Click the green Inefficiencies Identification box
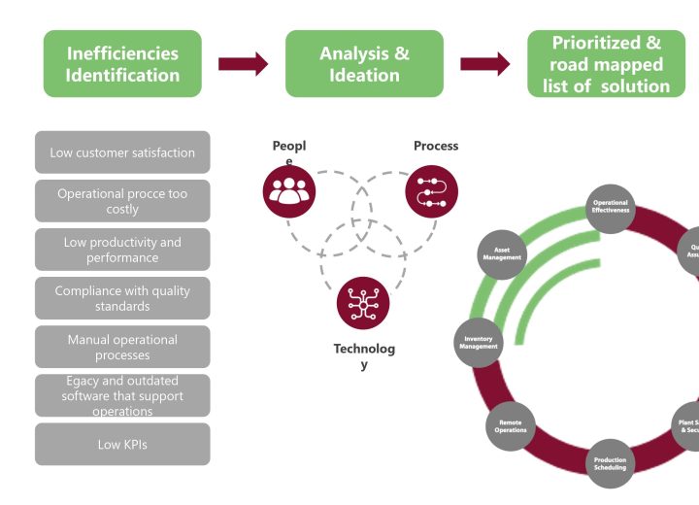click(x=122, y=64)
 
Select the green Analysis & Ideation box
click(x=364, y=64)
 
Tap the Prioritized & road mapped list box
click(x=606, y=64)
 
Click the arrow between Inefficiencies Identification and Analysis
click(x=243, y=64)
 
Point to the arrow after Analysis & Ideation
click(x=484, y=64)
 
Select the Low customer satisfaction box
click(x=122, y=152)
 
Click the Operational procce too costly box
click(x=122, y=201)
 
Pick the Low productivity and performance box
click(x=122, y=250)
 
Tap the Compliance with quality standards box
click(x=122, y=298)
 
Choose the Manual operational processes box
click(x=122, y=347)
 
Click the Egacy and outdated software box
click(x=122, y=395)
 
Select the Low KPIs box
click(x=122, y=444)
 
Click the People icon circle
click(x=289, y=190)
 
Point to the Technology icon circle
click(x=362, y=302)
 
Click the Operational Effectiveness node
click(x=611, y=207)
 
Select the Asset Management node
click(x=502, y=254)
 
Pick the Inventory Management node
click(x=479, y=342)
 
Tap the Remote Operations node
click(x=511, y=425)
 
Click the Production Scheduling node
click(x=611, y=463)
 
